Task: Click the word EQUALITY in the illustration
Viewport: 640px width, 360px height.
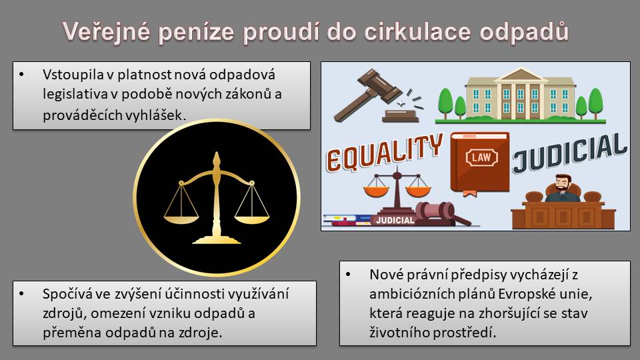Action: point(384,153)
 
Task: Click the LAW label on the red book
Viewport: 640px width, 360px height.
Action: point(481,157)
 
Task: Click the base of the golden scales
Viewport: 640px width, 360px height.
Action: point(216,239)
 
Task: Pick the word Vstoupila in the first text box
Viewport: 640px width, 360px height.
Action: point(73,75)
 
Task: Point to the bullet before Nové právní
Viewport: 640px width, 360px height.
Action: point(348,275)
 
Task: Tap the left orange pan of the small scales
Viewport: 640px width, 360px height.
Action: point(376,191)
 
